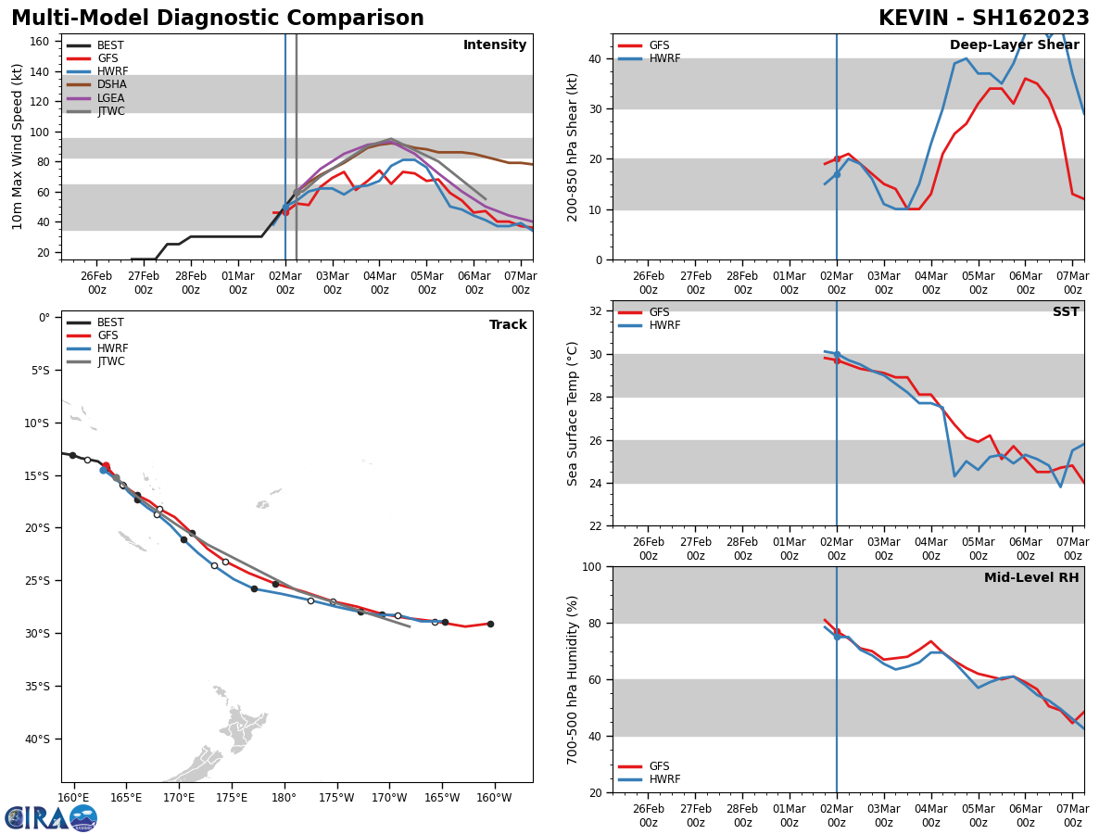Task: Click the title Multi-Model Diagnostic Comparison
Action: (x=217, y=19)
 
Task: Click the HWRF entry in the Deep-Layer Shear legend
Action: (x=663, y=58)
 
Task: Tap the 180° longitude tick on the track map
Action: (x=284, y=798)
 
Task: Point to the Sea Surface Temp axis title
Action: (x=574, y=413)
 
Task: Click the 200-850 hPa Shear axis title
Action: (x=574, y=146)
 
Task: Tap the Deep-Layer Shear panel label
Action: (x=1014, y=45)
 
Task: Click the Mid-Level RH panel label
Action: (x=1031, y=578)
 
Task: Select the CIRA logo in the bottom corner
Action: (x=51, y=818)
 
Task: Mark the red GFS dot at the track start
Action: (x=106, y=466)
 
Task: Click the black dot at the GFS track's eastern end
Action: (x=490, y=624)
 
